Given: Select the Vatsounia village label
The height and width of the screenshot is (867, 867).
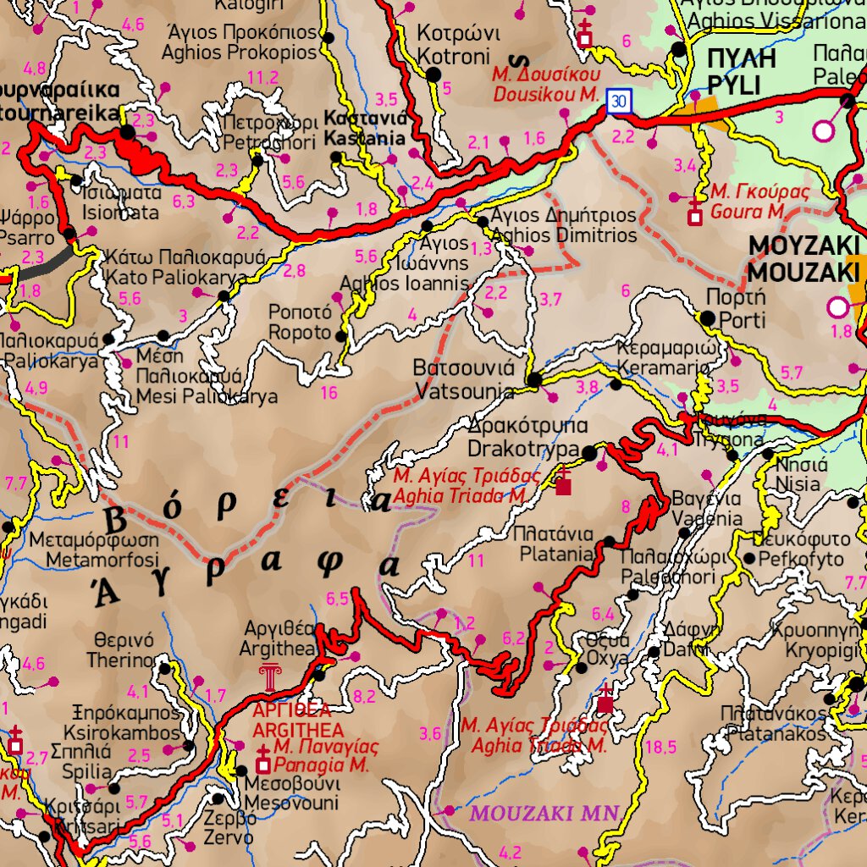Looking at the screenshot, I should click(464, 380).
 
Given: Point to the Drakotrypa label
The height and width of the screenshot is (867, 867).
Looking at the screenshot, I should click(523, 436).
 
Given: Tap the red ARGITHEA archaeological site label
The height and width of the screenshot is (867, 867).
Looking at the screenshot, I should click(298, 720).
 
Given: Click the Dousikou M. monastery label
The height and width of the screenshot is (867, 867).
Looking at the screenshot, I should click(545, 85).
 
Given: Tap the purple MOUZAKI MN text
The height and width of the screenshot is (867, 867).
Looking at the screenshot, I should click(545, 814).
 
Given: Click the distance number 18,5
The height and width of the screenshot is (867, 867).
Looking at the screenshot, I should click(660, 747).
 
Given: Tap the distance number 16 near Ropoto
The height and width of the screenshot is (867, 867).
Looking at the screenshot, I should click(329, 393).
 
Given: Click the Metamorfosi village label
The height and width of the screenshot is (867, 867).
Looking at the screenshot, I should click(93, 550).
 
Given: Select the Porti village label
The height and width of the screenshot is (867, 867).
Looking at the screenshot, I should click(736, 309).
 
